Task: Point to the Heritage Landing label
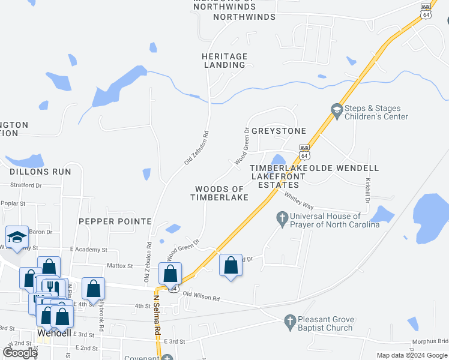click(224, 61)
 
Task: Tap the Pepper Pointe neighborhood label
click(115, 221)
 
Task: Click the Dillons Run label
click(40, 172)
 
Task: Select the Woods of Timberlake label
click(220, 193)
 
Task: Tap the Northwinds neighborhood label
click(244, 17)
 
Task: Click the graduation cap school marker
click(17, 236)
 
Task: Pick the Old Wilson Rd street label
click(201, 295)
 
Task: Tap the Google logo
click(20, 353)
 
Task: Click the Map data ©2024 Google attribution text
click(411, 356)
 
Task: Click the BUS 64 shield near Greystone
click(304, 151)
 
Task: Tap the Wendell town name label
click(54, 332)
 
